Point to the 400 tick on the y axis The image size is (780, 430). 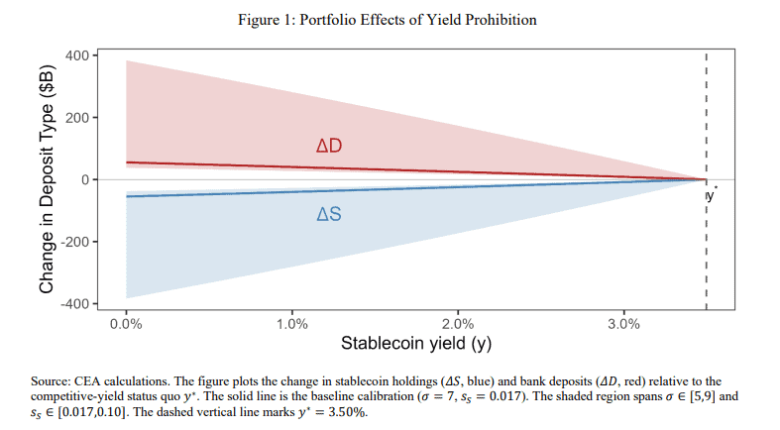(x=76, y=55)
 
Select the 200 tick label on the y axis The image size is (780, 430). (x=76, y=118)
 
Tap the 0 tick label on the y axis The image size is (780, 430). (x=83, y=179)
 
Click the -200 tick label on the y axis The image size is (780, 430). (x=73, y=242)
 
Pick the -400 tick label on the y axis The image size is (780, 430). (x=73, y=303)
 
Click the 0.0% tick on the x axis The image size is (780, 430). (x=126, y=323)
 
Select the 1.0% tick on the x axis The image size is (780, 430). (x=291, y=323)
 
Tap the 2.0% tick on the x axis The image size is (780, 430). (x=457, y=323)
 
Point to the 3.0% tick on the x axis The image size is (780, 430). (x=622, y=323)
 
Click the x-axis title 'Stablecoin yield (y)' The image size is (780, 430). (x=415, y=345)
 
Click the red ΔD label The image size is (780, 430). (x=329, y=147)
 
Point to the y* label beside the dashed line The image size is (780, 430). (x=712, y=195)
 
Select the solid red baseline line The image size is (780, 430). (x=248, y=165)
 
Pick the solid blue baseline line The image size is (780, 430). (x=248, y=191)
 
